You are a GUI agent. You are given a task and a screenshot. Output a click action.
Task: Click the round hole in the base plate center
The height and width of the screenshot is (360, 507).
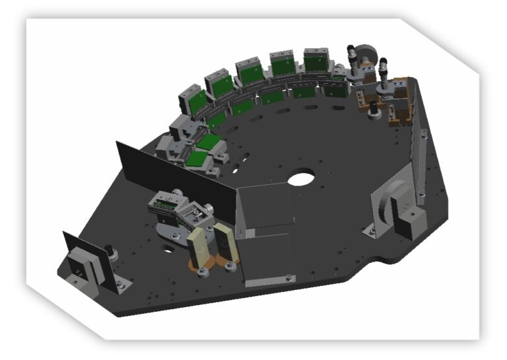301,178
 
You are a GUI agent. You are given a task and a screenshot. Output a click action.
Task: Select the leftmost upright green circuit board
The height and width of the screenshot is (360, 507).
196,102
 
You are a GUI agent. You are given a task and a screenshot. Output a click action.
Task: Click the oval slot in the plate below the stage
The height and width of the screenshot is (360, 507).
167,250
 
